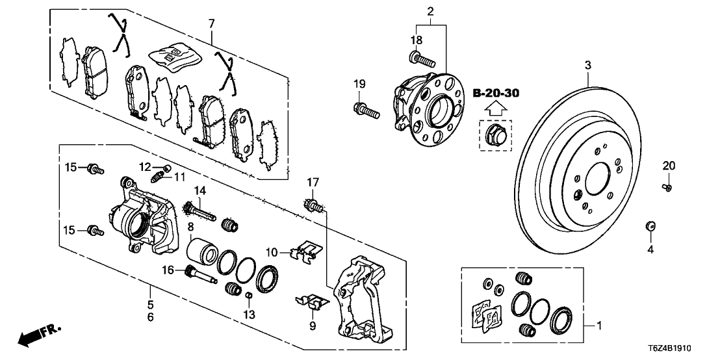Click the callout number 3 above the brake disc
coord(587,65)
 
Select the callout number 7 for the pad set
coord(211,23)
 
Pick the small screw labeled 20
coord(668,187)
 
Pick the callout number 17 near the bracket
coord(312,182)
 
